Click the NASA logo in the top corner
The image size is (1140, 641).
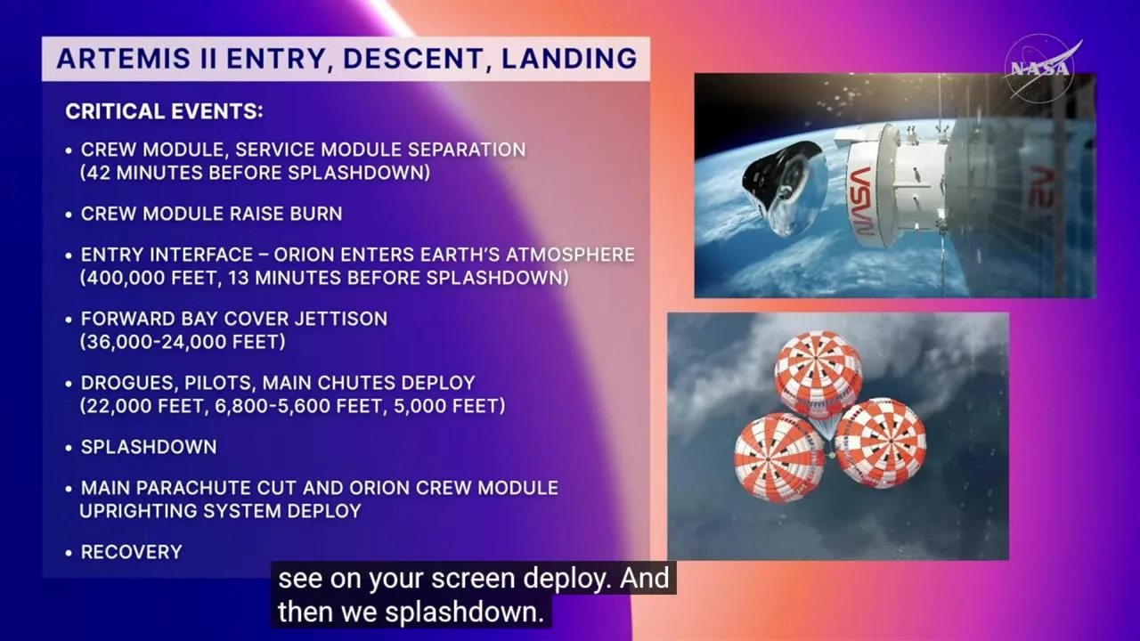click(x=1041, y=68)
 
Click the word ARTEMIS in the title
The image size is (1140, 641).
click(x=124, y=58)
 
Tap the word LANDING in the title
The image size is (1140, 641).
click(x=569, y=58)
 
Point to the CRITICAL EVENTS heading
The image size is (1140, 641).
click(x=164, y=111)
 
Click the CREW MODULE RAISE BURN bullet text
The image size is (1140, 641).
click(x=212, y=214)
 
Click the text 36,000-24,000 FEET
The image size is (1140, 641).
click(x=183, y=342)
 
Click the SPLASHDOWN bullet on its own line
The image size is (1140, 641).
click(x=149, y=447)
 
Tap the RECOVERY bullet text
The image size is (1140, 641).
click(x=131, y=552)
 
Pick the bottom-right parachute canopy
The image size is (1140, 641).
click(x=881, y=442)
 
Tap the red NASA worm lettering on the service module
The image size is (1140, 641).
click(x=861, y=201)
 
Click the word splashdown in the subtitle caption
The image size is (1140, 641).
click(x=465, y=612)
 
